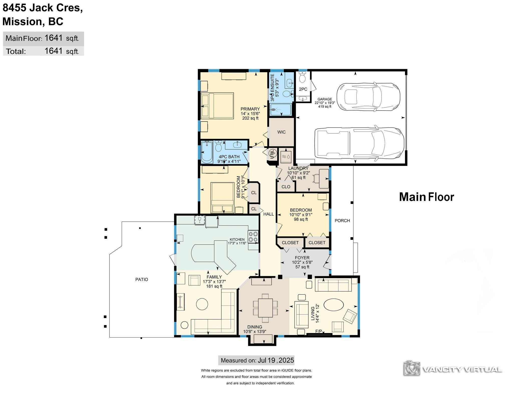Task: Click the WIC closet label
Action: [x=281, y=132]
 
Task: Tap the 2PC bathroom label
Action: [x=303, y=89]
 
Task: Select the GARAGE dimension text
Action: [x=325, y=103]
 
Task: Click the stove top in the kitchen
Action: [x=253, y=237]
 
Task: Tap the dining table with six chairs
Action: [x=265, y=308]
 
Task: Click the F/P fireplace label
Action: [x=318, y=331]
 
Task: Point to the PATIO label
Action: [x=142, y=279]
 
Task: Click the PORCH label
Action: [x=342, y=221]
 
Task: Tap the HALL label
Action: [x=269, y=214]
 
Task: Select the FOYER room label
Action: [x=302, y=258]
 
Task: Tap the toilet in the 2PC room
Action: [x=303, y=77]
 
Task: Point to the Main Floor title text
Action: [x=426, y=197]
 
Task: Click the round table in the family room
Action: [x=202, y=304]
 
